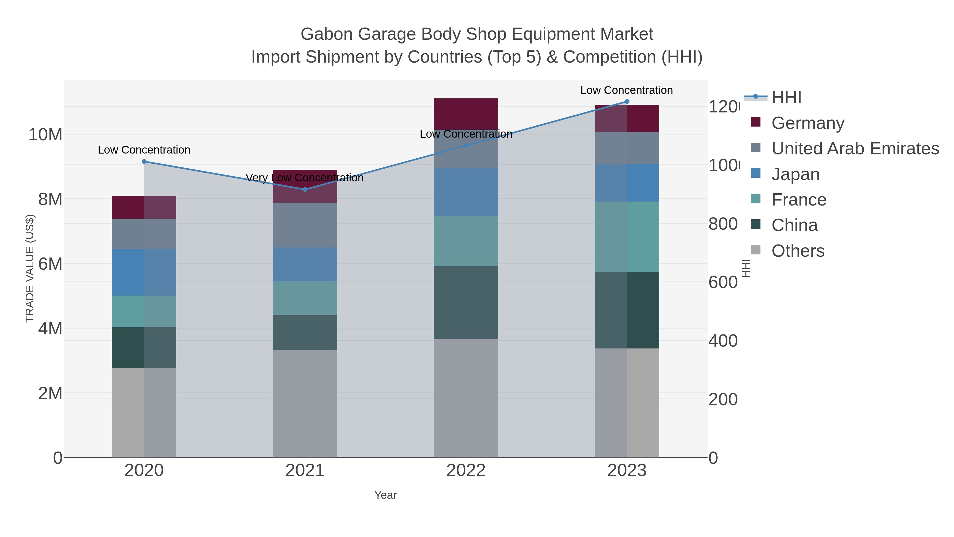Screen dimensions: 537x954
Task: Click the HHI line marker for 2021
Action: (x=305, y=189)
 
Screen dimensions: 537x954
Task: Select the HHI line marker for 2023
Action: (x=627, y=102)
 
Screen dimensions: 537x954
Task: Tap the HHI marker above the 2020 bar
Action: (x=144, y=161)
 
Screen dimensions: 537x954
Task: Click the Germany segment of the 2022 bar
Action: (x=466, y=113)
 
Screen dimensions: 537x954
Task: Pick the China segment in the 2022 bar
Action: (x=466, y=302)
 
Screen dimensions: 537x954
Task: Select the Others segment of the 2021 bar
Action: (x=305, y=403)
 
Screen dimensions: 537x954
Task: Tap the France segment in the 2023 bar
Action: (x=627, y=237)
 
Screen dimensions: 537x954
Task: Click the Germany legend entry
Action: (x=808, y=123)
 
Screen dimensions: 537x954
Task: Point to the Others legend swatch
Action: (x=756, y=250)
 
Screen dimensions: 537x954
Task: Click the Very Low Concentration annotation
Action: (x=304, y=178)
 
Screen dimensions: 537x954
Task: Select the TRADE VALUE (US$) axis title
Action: (x=30, y=268)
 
